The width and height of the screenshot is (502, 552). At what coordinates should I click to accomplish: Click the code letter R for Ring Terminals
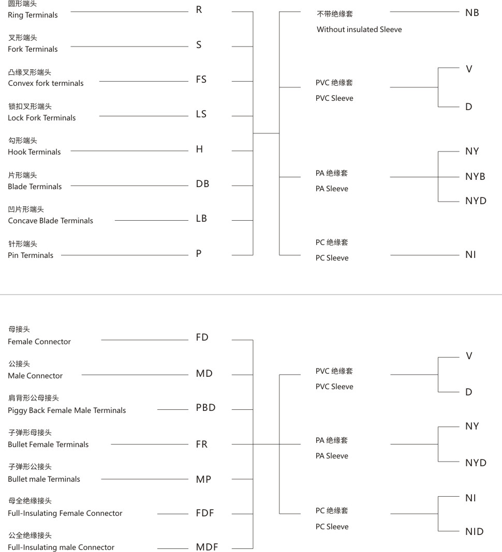click(199, 10)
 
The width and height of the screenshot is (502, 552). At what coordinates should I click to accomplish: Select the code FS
click(201, 80)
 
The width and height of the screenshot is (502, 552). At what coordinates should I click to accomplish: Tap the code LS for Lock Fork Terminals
click(201, 114)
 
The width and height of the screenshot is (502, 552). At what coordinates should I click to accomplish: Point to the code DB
click(202, 184)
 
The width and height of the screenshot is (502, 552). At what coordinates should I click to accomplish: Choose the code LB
click(201, 219)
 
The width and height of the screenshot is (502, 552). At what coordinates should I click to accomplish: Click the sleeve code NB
click(472, 12)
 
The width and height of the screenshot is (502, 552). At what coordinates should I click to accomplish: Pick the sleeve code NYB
click(475, 176)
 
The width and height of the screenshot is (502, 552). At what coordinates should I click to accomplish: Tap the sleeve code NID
click(474, 531)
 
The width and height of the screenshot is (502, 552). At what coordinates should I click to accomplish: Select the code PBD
click(205, 408)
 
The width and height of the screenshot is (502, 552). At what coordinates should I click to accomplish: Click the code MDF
click(207, 547)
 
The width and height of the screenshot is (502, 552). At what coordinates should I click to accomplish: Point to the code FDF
click(205, 513)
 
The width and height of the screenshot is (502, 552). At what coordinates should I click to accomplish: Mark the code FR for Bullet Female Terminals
click(201, 444)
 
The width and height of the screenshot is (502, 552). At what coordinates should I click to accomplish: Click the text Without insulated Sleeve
click(359, 29)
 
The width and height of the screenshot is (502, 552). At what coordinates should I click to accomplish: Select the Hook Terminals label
click(34, 152)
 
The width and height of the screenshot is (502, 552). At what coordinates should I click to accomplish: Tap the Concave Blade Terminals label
click(51, 221)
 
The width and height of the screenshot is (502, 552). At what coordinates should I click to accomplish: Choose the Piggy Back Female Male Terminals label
click(67, 410)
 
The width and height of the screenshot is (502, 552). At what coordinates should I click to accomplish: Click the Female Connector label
click(39, 342)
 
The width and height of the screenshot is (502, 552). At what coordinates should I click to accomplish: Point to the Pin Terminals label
click(31, 255)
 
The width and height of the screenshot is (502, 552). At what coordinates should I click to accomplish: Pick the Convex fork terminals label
click(46, 83)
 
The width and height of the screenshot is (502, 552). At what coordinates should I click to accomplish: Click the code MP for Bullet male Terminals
click(203, 479)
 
